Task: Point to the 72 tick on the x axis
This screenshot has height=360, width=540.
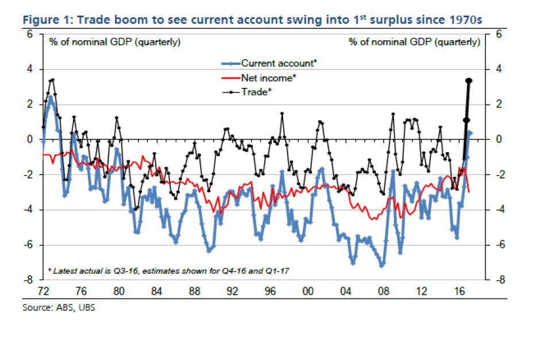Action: pyautogui.click(x=43, y=291)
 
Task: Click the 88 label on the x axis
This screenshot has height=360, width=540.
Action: pyautogui.click(x=194, y=291)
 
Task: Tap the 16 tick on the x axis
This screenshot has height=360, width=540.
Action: pyautogui.click(x=458, y=291)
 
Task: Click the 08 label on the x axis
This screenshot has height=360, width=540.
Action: pyautogui.click(x=383, y=291)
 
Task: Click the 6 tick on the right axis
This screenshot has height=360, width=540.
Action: pyautogui.click(x=498, y=34)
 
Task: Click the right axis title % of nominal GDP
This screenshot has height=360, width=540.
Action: pyautogui.click(x=414, y=42)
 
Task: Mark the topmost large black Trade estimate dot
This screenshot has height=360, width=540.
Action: pyautogui.click(x=469, y=81)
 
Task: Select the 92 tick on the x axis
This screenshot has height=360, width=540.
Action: pyautogui.click(x=232, y=291)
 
